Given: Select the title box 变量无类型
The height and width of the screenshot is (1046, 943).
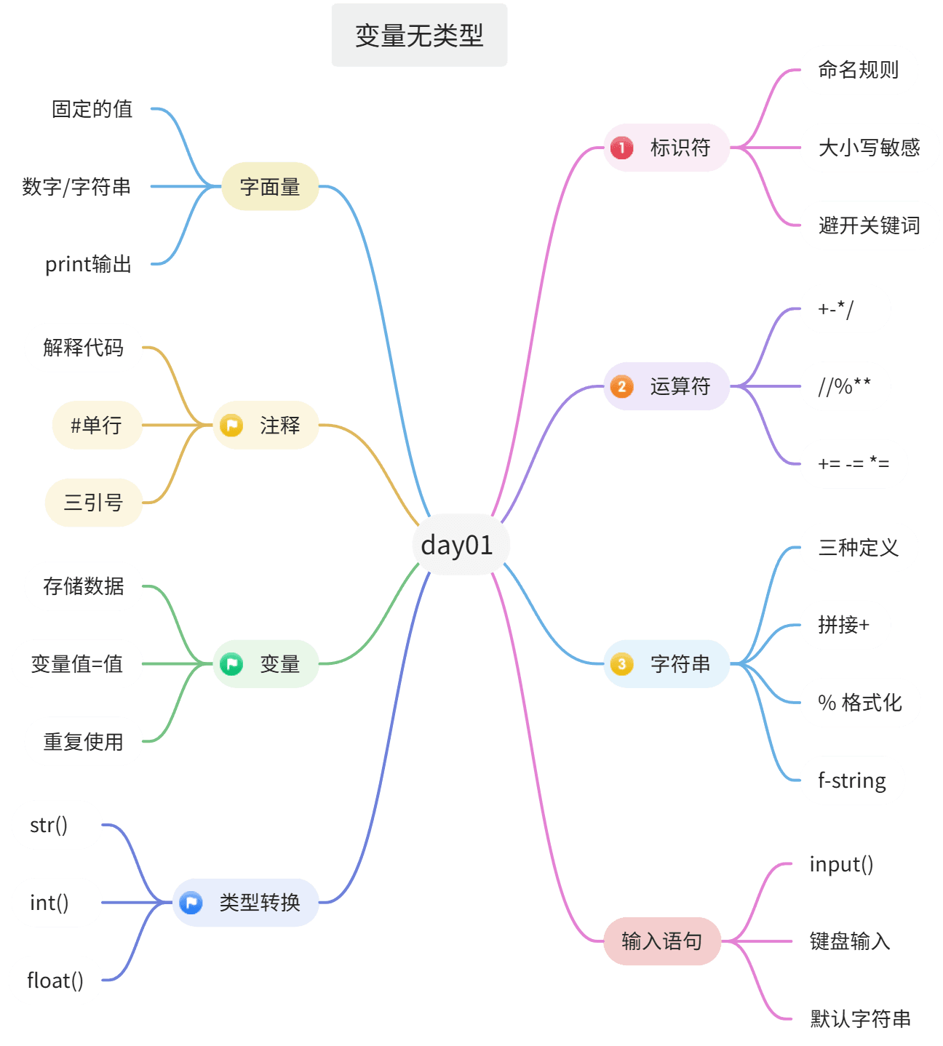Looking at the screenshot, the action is coord(419,35).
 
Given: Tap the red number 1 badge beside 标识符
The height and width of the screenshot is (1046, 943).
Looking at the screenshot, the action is coord(621,148).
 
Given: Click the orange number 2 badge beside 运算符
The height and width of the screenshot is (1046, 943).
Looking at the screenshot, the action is coord(621,386).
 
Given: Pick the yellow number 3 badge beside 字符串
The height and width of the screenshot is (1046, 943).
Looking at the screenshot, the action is coord(621,664).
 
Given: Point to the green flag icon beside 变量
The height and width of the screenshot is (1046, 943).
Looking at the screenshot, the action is coord(231,664).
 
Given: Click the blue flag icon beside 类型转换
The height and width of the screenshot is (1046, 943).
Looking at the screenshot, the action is coord(191,903).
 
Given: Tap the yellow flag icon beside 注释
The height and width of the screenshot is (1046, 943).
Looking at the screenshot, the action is coord(231,425).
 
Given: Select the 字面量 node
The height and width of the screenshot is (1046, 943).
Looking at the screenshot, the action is coord(270,186).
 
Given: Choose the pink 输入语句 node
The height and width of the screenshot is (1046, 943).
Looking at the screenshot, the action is coord(662,941).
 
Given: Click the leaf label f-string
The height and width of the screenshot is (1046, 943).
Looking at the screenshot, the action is coord(852,780).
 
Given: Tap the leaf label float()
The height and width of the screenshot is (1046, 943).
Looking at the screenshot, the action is coord(55,981).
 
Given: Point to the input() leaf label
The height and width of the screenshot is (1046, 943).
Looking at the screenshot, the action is coord(841,864).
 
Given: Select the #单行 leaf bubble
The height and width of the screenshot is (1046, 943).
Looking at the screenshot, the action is coord(97,425).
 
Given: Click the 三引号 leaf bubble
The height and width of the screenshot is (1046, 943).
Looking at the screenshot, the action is coord(93,502).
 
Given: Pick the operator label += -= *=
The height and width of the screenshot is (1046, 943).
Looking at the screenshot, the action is coord(854,463).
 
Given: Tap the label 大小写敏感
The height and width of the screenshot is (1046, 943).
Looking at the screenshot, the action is coord(869,148).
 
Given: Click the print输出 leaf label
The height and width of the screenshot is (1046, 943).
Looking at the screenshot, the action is coord(88,264).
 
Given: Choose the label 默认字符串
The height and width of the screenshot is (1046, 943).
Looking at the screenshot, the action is coord(860,1018).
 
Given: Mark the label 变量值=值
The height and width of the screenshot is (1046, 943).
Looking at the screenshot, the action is coord(76,664).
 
